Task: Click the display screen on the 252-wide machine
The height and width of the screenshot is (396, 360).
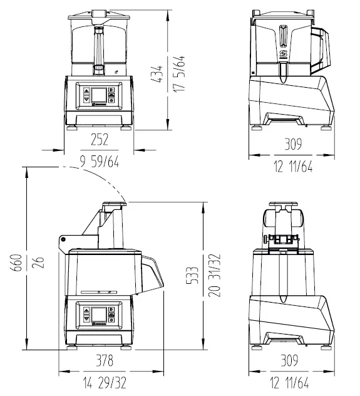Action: [x=99, y=96]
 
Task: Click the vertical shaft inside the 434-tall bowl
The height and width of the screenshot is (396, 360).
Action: [x=98, y=47]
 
